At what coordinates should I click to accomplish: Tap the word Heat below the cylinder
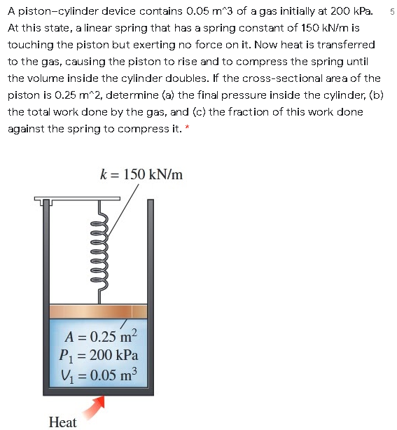(x=63, y=422)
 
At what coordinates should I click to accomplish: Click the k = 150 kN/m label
(x=141, y=174)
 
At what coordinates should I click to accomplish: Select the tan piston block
(x=98, y=311)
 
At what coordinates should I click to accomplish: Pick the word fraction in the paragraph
(x=244, y=113)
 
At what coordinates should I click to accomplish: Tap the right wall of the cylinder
(x=151, y=294)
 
